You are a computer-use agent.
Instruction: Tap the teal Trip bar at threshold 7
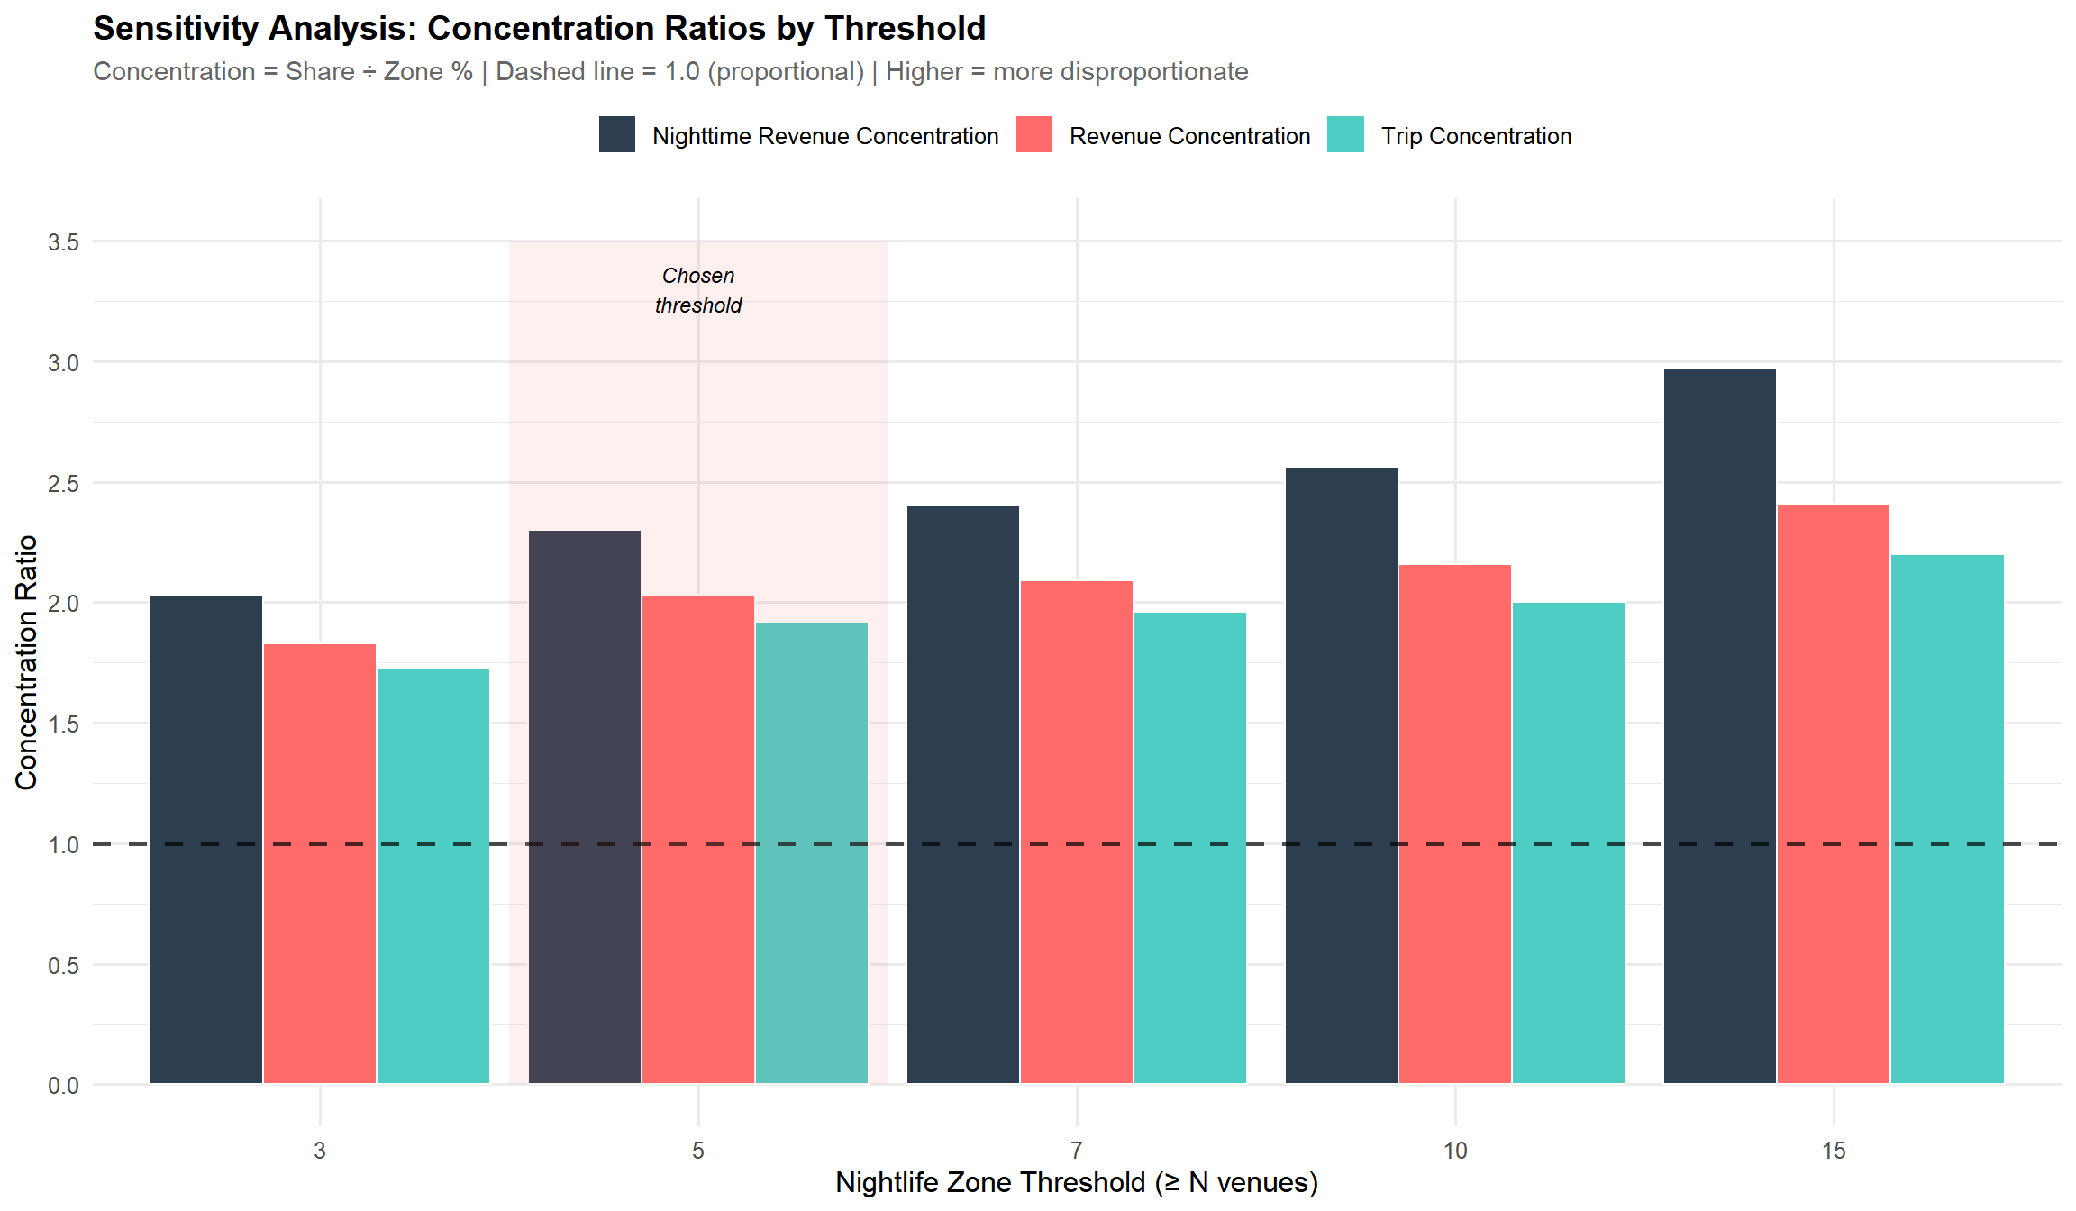click(1189, 847)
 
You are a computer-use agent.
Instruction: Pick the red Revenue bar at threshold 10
click(1454, 824)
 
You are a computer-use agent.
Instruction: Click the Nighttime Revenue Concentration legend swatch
click(617, 135)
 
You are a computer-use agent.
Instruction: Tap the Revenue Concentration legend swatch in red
click(1033, 135)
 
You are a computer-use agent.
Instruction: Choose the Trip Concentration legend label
click(1476, 136)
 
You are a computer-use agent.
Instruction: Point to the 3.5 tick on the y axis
click(63, 242)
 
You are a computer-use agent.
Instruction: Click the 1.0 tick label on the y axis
click(63, 845)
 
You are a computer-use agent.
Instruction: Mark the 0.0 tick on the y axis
click(63, 1086)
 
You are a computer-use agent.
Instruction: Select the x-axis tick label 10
click(1455, 1151)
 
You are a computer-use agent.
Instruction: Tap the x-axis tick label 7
click(1077, 1151)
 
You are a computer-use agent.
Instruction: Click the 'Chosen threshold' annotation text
click(698, 290)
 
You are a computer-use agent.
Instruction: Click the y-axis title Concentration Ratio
click(26, 662)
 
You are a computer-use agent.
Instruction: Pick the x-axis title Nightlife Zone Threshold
click(1077, 1182)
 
